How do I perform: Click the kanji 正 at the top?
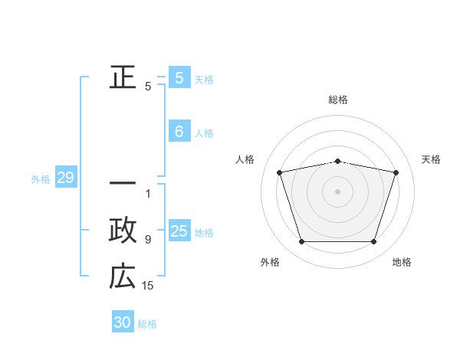click(x=123, y=77)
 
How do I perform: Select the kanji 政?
click(x=123, y=230)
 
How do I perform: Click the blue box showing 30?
click(x=123, y=322)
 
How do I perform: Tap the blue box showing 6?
click(x=179, y=132)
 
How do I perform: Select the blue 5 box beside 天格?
click(x=179, y=78)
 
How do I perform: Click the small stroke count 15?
click(x=148, y=286)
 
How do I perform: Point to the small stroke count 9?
click(x=148, y=240)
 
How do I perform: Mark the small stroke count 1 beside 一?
click(x=148, y=194)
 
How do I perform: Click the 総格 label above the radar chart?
click(x=338, y=100)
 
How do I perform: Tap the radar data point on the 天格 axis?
click(x=396, y=172)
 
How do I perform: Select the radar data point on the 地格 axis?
click(x=374, y=242)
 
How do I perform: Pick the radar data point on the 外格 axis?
click(x=301, y=242)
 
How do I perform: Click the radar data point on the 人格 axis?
click(x=279, y=172)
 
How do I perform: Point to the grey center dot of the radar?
click(x=338, y=191)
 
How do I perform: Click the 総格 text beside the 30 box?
click(x=147, y=324)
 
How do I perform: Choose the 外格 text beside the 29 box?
click(x=41, y=179)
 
